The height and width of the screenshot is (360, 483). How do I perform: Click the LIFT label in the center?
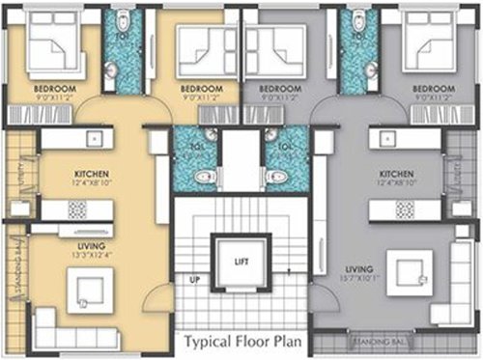pos(241,262)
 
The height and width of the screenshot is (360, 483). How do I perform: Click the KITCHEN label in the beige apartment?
pos(91,175)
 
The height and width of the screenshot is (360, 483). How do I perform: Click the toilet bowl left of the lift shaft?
pos(204,177)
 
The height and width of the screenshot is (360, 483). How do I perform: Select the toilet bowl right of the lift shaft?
pos(277,177)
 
